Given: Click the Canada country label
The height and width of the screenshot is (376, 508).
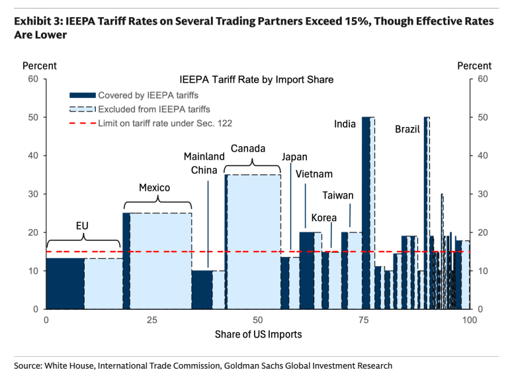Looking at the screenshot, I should [248, 148].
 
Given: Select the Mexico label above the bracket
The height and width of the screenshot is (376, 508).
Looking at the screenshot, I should [154, 188].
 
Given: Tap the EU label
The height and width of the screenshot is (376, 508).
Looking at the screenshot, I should [82, 226].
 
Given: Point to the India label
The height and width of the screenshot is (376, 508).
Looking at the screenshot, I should [345, 124].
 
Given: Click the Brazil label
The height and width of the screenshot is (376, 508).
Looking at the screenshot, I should [407, 129].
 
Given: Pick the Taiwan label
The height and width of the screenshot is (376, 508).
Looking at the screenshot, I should [338, 195].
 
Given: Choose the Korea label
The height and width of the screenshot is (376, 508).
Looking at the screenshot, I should [324, 218].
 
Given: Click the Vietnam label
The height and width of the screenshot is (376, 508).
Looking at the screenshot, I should [314, 174].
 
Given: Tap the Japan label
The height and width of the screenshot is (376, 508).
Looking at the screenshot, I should [294, 157].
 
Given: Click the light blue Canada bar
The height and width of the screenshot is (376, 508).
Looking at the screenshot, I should [253, 242].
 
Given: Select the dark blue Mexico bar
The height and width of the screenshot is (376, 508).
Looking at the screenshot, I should [126, 261].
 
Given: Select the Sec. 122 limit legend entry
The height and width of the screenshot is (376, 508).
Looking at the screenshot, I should [165, 122].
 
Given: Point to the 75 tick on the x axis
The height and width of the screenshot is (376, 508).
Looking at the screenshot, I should [364, 320].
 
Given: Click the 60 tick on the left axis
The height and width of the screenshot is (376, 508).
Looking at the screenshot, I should [32, 79].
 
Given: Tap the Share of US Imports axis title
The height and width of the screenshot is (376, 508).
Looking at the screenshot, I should [258, 334].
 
